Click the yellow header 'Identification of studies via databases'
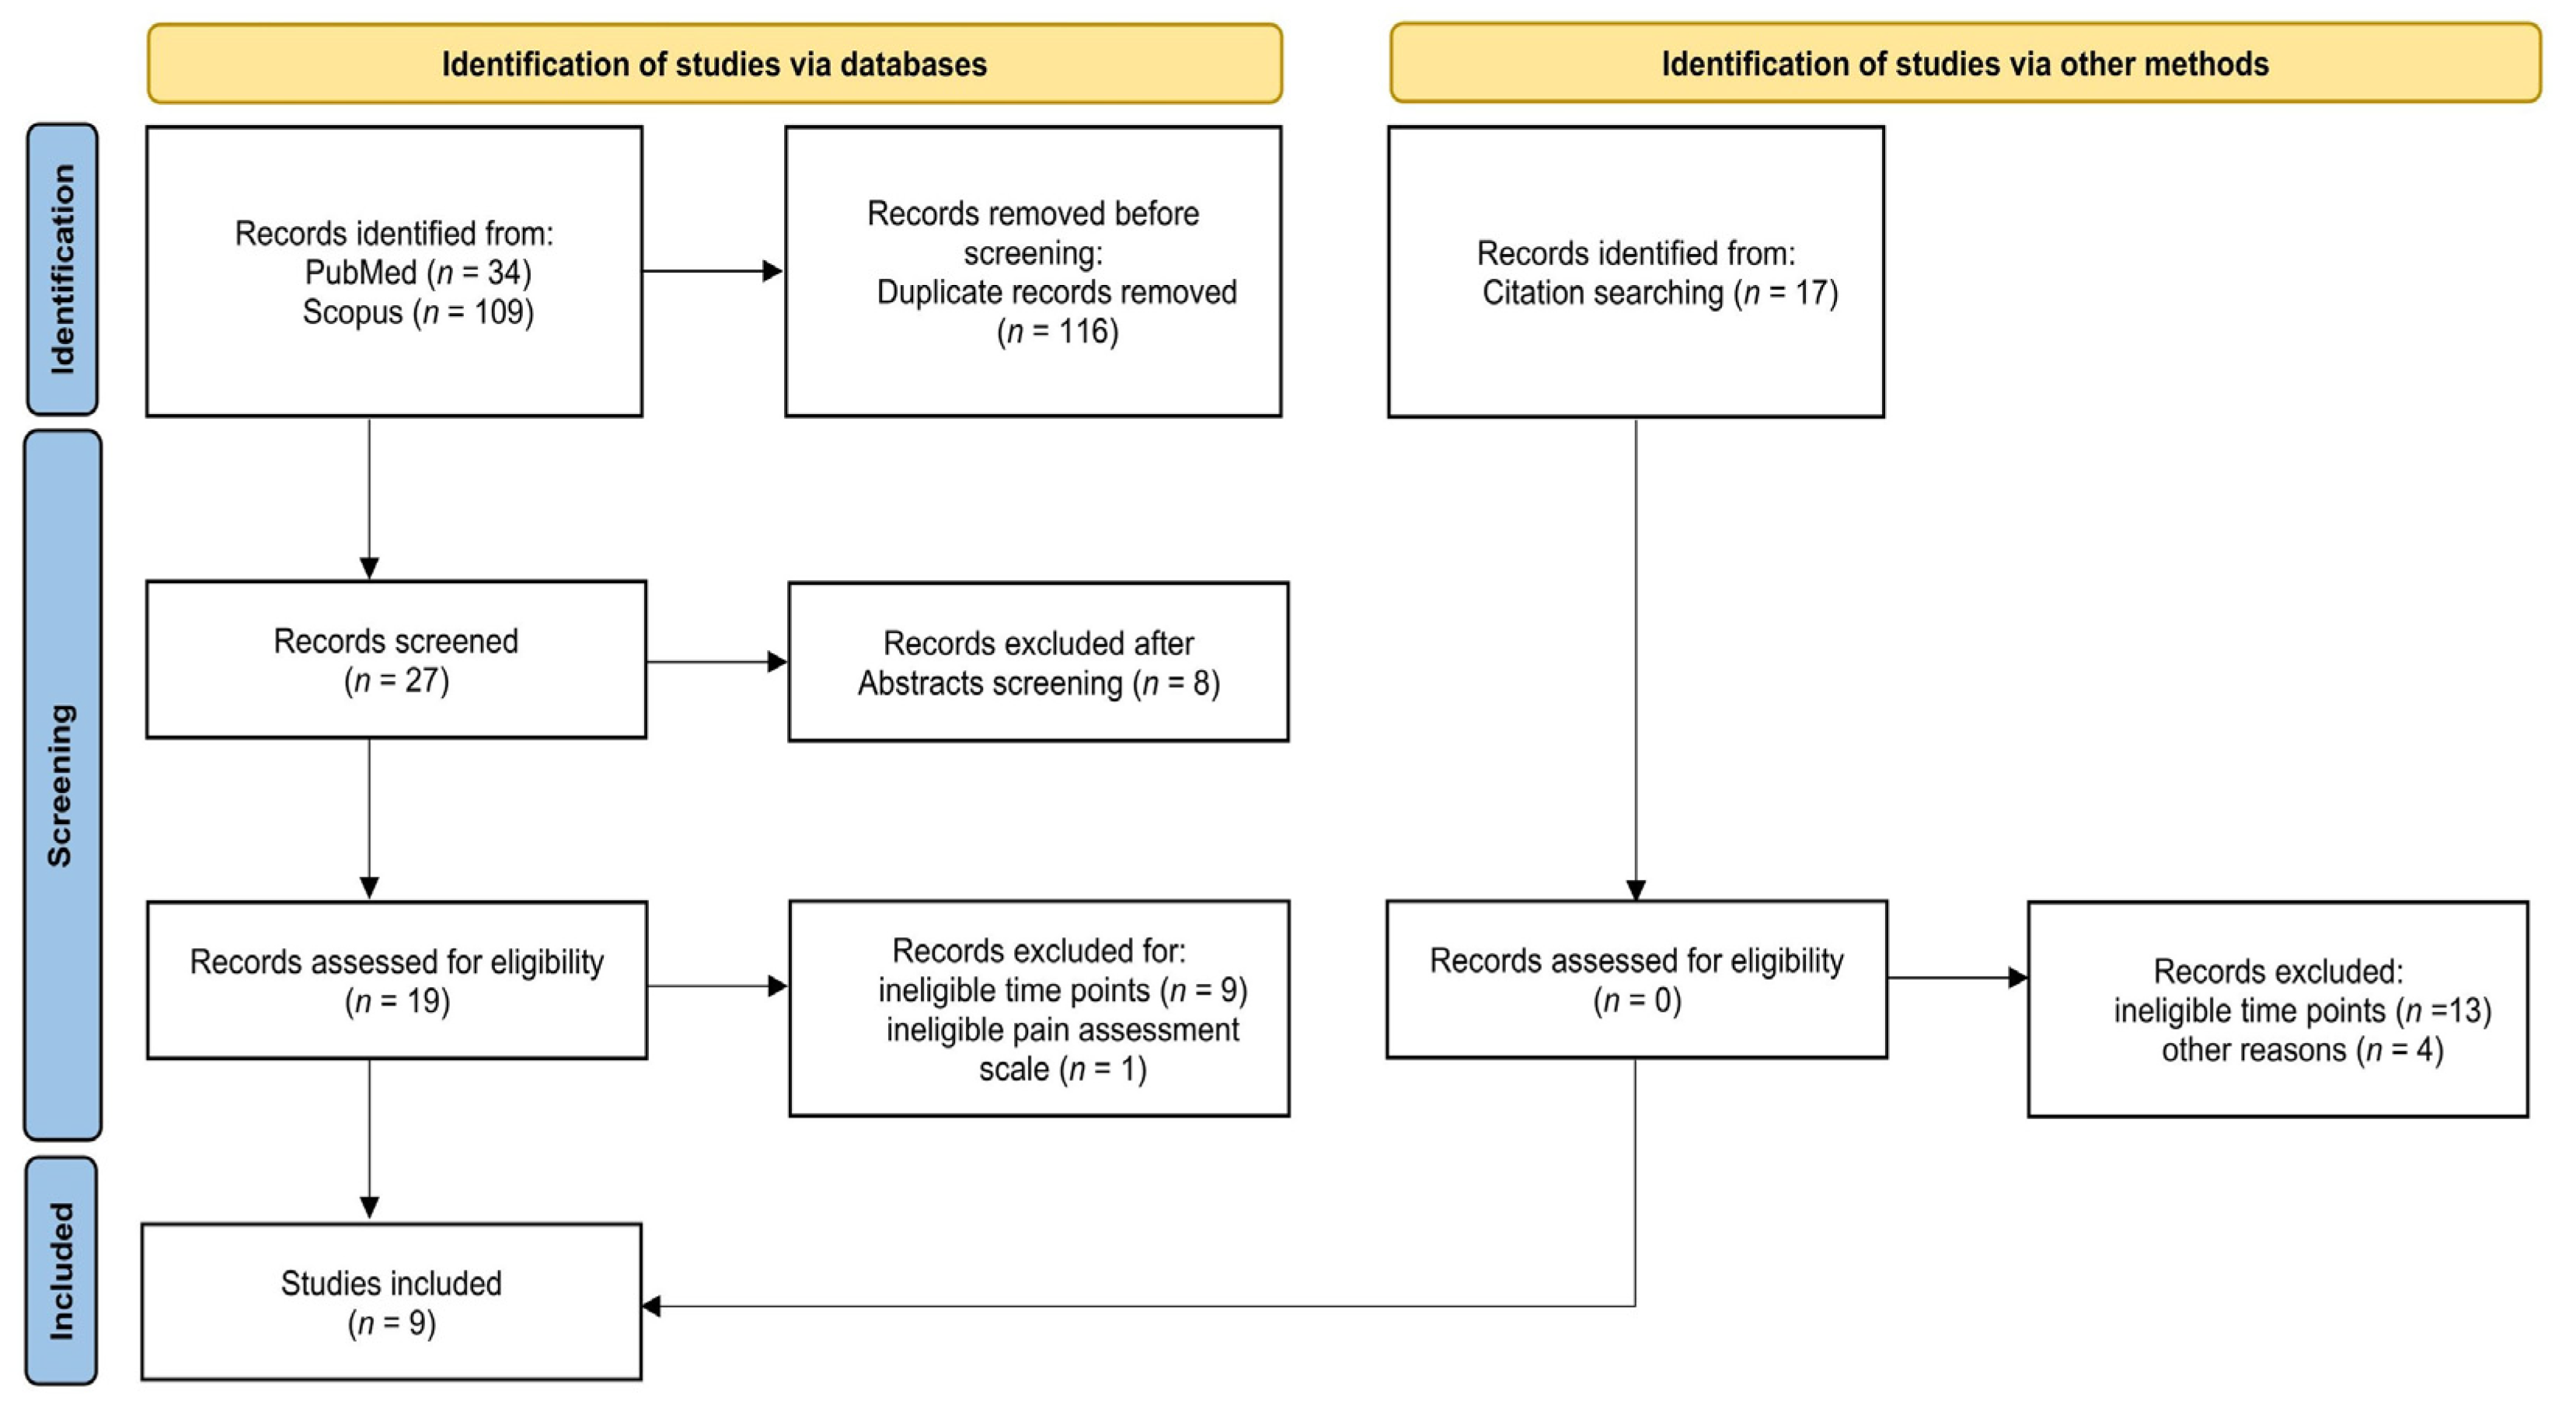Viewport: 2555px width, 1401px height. point(714,64)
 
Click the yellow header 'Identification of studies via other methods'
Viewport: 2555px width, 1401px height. point(1964,64)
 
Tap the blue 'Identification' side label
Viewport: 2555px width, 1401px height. point(61,269)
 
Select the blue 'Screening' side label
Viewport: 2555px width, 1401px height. point(61,784)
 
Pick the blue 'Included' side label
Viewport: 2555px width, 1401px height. point(61,1271)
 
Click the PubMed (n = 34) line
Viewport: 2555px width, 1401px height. point(417,273)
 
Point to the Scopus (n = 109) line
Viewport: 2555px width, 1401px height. point(417,312)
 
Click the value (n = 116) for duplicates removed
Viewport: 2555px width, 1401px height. point(1058,331)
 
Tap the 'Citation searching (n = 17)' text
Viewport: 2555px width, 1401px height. point(1659,294)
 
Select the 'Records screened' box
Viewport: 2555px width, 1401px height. point(396,659)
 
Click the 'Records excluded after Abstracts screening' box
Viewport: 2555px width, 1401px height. point(1038,662)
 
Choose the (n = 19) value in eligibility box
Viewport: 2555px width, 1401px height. point(397,1001)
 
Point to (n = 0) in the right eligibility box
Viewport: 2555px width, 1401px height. point(1637,1000)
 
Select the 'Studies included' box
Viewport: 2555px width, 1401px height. point(392,1301)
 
